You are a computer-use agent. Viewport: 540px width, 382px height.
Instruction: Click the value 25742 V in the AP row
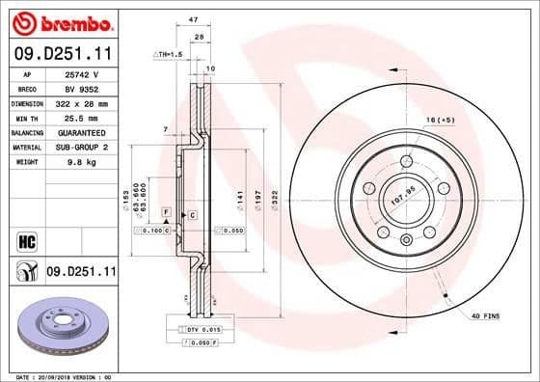pyautogui.click(x=83, y=72)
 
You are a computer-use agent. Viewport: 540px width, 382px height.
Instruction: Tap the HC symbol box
pyautogui.click(x=26, y=239)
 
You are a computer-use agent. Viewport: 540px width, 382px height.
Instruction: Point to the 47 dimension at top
pyautogui.click(x=193, y=19)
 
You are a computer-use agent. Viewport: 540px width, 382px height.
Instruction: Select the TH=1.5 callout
pyautogui.click(x=170, y=55)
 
